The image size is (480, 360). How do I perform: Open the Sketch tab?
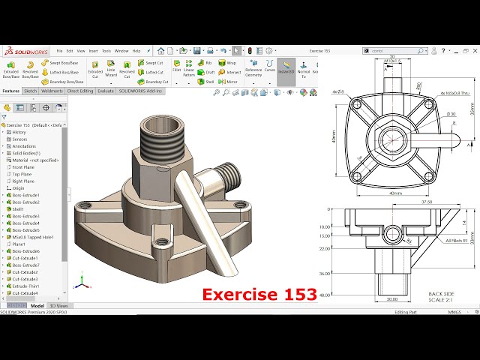click(x=31, y=91)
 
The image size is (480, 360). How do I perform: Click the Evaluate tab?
click(x=106, y=91)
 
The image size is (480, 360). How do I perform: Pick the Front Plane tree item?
click(x=23, y=166)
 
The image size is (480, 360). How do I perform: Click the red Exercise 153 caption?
click(x=259, y=294)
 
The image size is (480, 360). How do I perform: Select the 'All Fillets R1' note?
click(x=456, y=241)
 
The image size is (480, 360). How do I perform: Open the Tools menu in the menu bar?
click(x=106, y=51)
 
